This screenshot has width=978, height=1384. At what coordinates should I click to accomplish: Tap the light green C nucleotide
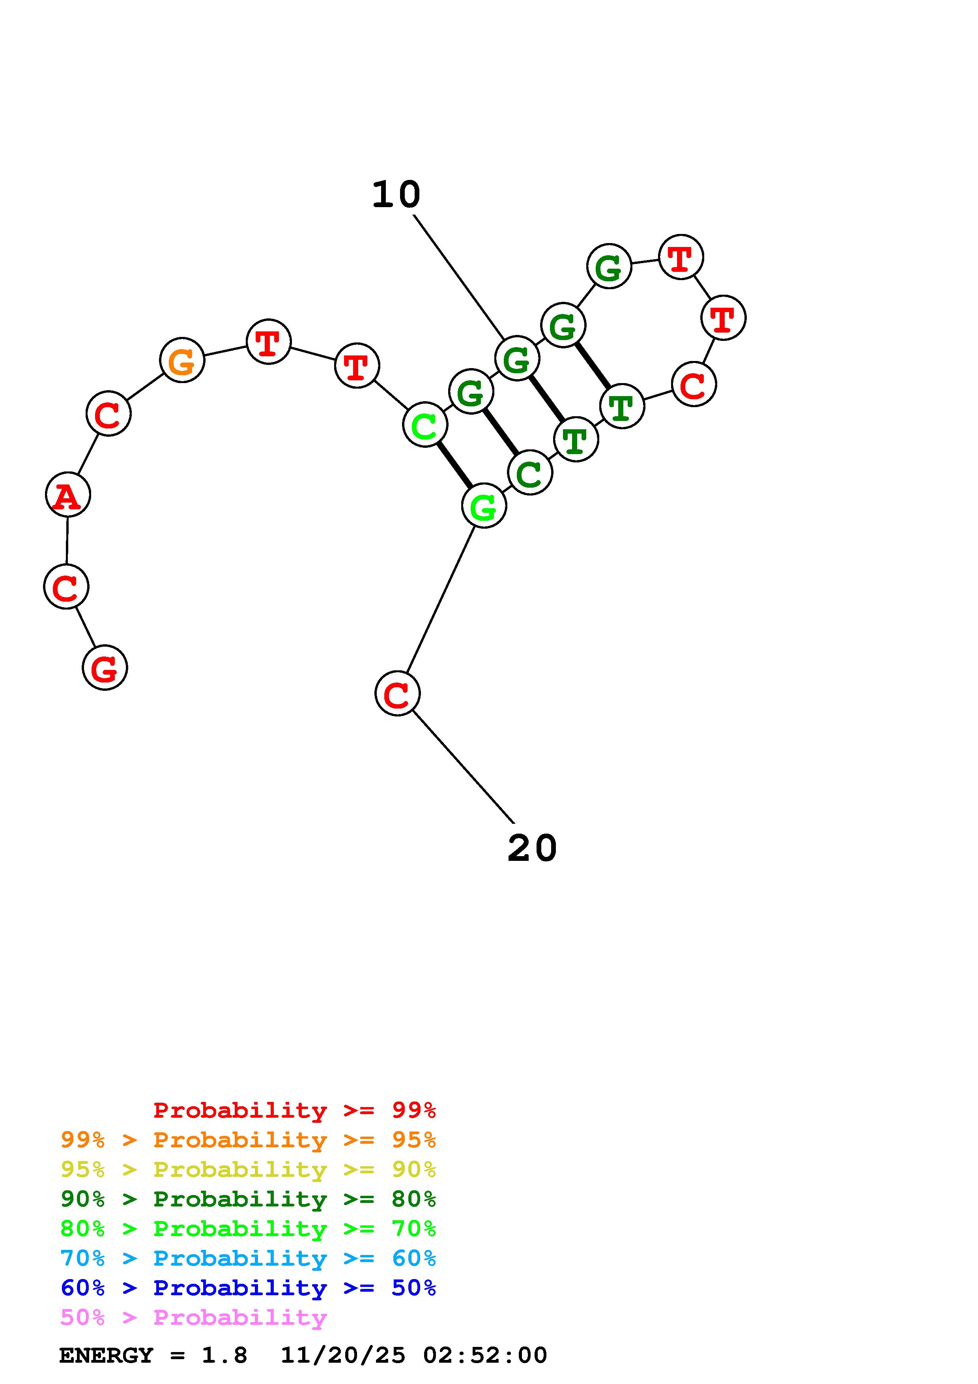[425, 426]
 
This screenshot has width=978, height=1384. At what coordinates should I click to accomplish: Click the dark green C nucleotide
[530, 473]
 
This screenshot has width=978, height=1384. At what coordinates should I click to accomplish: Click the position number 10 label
[396, 195]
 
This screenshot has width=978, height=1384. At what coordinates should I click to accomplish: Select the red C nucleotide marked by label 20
[397, 694]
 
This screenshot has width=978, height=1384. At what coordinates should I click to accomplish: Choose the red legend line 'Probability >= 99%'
[295, 1110]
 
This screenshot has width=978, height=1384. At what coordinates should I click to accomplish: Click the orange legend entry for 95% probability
[248, 1140]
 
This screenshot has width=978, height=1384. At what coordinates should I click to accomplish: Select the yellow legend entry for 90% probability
[248, 1169]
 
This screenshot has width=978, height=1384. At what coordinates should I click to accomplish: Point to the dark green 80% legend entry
[248, 1199]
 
